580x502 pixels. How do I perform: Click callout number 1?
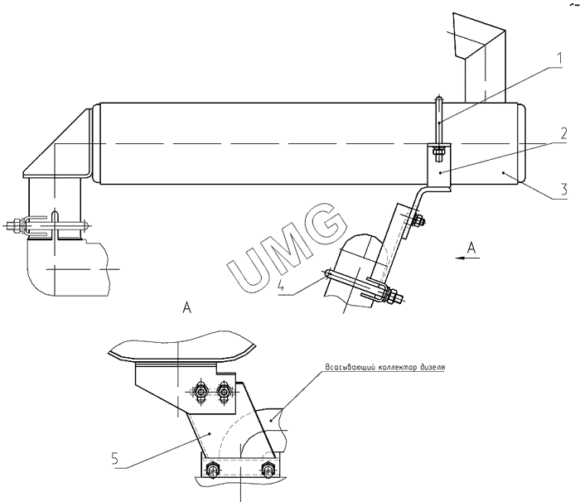pyautogui.click(x=559, y=59)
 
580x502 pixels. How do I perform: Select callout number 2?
pyautogui.click(x=563, y=133)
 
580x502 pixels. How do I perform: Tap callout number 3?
pyautogui.click(x=563, y=190)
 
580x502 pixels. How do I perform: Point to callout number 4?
pyautogui.click(x=282, y=286)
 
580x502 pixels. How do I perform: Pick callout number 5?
pyautogui.click(x=114, y=459)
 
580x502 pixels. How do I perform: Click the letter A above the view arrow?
pyautogui.click(x=471, y=248)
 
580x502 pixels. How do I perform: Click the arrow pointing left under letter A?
pyautogui.click(x=467, y=258)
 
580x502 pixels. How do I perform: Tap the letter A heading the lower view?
pyautogui.click(x=187, y=307)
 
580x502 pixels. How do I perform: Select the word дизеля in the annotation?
pyautogui.click(x=433, y=367)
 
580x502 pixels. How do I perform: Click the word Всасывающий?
pyautogui.click(x=350, y=367)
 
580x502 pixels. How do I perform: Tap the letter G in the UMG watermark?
pyautogui.click(x=323, y=222)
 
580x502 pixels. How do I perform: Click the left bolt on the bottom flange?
pyautogui.click(x=212, y=469)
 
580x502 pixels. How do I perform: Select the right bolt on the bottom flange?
pyautogui.click(x=267, y=469)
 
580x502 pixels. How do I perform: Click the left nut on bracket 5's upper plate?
pyautogui.click(x=201, y=392)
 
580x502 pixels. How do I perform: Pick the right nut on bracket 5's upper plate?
pyautogui.click(x=223, y=392)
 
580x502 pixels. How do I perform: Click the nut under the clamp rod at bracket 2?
pyautogui.click(x=439, y=152)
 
